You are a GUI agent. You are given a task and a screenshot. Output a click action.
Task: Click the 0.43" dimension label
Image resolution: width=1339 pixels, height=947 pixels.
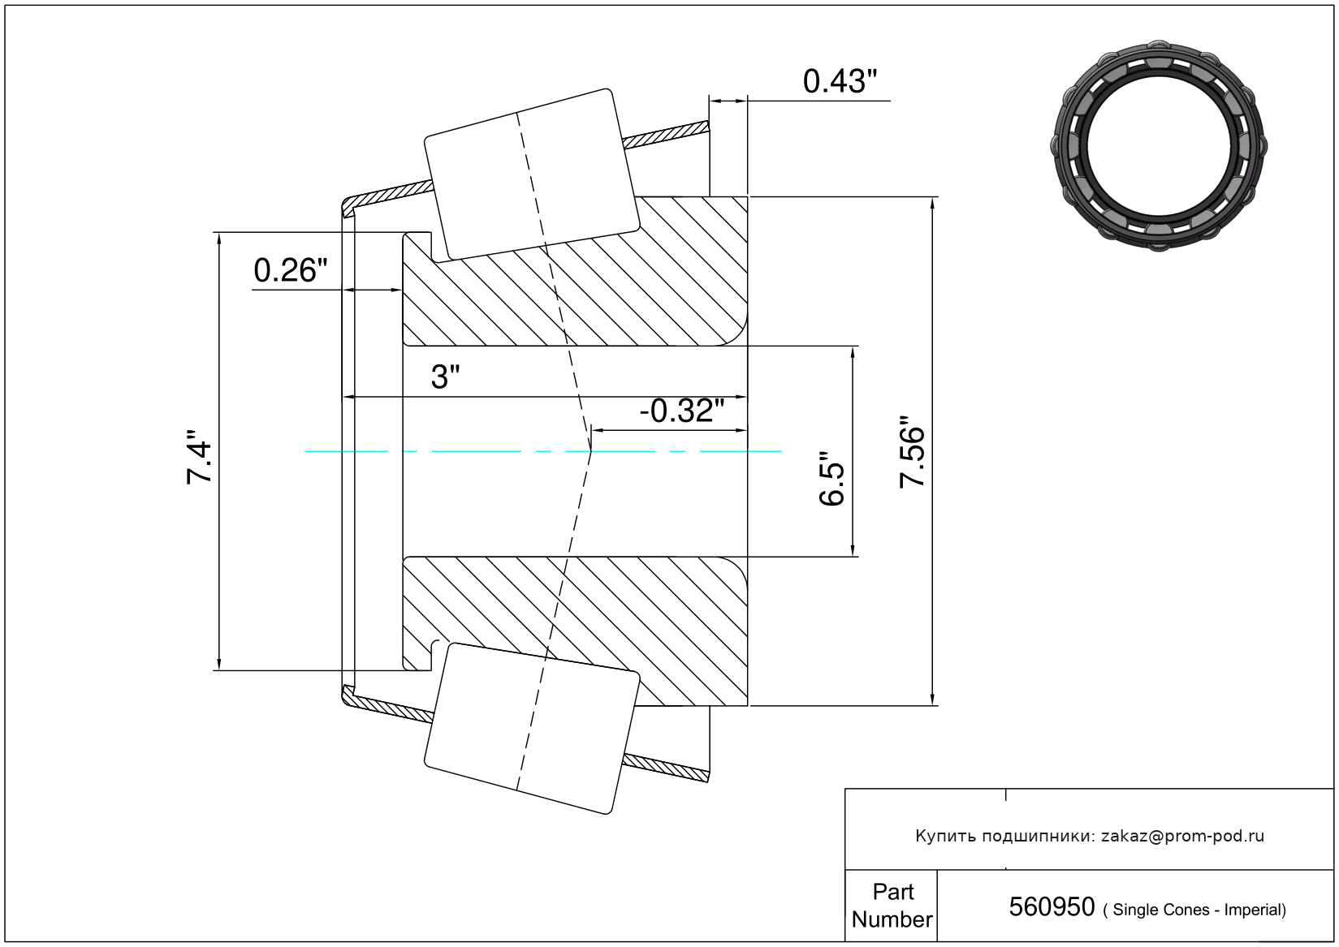(x=840, y=81)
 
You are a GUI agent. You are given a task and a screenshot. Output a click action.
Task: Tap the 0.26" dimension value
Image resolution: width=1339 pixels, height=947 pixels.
(x=291, y=270)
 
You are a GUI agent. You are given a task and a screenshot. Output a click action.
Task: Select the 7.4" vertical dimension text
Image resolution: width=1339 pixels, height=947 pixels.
(x=199, y=457)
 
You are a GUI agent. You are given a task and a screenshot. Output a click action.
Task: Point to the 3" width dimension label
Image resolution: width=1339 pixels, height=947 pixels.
(x=445, y=377)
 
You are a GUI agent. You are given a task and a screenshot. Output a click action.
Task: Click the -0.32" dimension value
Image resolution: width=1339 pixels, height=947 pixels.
(x=682, y=411)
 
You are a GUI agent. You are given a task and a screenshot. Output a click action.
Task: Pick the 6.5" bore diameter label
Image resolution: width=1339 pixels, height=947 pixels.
(x=831, y=478)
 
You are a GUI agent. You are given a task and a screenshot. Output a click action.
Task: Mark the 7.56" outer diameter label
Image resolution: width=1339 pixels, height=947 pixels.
(x=912, y=451)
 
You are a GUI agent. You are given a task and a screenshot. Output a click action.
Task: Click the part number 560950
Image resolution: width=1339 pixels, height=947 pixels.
(x=1052, y=907)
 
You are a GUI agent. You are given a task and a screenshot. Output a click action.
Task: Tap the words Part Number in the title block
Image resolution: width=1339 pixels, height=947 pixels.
(x=892, y=906)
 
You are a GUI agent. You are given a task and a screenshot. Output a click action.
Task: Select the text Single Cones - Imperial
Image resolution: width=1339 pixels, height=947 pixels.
(x=1199, y=910)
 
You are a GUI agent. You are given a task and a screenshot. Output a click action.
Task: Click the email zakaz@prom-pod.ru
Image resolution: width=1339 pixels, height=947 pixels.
(x=1182, y=836)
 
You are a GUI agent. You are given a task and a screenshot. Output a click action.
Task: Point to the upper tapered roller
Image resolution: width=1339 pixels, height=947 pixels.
(x=532, y=175)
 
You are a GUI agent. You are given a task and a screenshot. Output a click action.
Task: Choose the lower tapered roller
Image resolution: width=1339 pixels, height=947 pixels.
(x=532, y=729)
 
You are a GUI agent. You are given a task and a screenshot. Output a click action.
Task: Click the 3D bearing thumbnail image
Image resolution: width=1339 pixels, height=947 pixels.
(x=1159, y=146)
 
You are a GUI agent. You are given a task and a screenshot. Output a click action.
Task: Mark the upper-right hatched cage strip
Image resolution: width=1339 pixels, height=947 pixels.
(x=666, y=135)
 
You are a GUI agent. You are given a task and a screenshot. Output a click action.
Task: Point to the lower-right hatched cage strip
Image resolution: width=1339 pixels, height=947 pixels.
(x=666, y=768)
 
